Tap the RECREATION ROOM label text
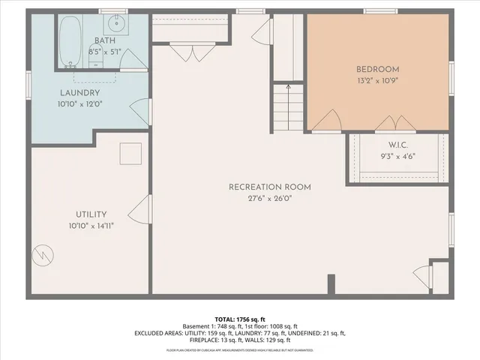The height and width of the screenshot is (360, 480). pyautogui.click(x=270, y=187)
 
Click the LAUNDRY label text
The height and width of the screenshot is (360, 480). pyautogui.click(x=80, y=94)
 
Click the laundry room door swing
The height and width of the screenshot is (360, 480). pyautogui.click(x=141, y=111)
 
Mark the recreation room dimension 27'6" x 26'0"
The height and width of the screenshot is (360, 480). pyautogui.click(x=270, y=199)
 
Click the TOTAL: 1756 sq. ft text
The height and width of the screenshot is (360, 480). pyautogui.click(x=240, y=318)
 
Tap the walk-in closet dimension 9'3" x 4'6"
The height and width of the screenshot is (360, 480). pyautogui.click(x=398, y=157)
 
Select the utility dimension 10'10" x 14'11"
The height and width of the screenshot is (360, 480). pyautogui.click(x=91, y=225)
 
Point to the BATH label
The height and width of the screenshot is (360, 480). pyautogui.click(x=104, y=40)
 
